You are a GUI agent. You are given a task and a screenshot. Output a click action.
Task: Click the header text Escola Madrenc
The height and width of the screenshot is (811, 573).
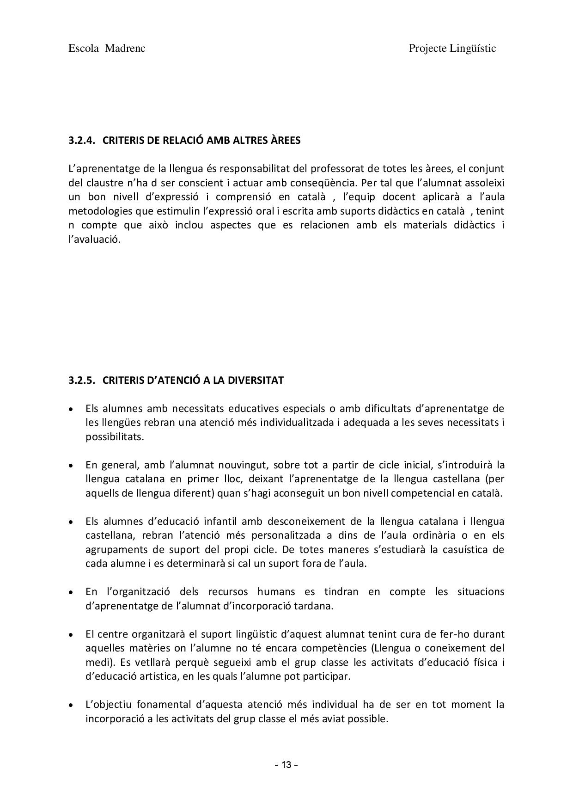[107, 49]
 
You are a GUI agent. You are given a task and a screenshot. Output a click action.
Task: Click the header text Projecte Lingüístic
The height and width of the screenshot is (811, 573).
[452, 49]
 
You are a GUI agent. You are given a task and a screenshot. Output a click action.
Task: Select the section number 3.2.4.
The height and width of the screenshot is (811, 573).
[82, 141]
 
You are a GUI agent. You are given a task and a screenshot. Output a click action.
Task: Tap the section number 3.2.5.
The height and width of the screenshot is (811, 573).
[82, 381]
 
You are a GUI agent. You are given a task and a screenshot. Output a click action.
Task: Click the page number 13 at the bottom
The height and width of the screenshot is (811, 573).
[286, 765]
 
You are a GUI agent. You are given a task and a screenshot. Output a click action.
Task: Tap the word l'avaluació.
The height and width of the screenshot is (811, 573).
[94, 240]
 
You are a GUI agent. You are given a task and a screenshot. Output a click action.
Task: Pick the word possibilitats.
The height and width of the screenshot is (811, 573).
[115, 437]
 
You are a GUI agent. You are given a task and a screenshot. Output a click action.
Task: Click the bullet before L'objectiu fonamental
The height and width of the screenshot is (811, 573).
[70, 706]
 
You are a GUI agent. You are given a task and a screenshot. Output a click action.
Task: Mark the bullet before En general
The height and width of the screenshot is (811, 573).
[70, 465]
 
